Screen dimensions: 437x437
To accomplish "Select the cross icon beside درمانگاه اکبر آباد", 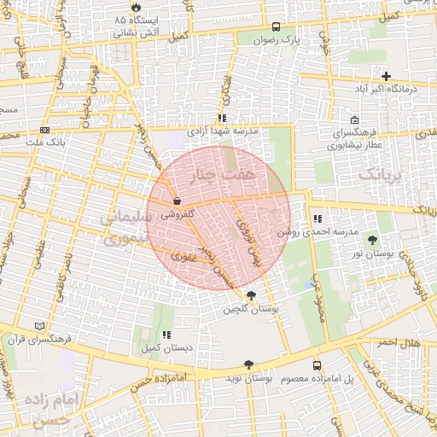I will coord(386,76).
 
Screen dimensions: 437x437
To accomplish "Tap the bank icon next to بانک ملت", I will coord(44,130).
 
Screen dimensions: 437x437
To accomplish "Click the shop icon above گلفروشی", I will coord(176,201).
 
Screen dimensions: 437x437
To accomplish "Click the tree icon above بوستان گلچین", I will coord(250,295).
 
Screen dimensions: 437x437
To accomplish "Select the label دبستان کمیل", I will coord(166,348).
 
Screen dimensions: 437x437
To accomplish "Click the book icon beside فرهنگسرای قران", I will coord(38,326).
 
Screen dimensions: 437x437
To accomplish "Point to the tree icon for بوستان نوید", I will coord(248,364).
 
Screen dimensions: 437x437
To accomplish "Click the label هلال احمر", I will coord(394,341).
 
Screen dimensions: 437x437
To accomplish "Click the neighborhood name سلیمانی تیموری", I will coord(126,228).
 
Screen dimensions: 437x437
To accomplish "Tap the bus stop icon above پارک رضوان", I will coord(275,26).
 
